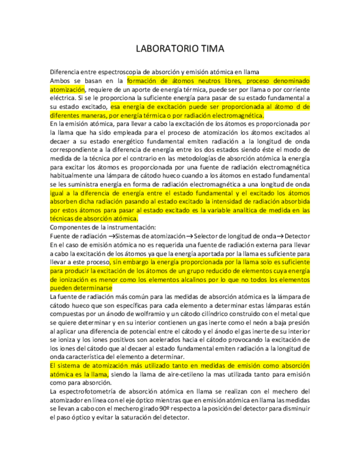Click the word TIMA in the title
tap(211, 49)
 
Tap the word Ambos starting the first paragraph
tap(61, 80)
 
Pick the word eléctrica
tap(62, 98)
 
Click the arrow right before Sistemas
tap(111, 236)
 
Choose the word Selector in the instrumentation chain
tap(207, 236)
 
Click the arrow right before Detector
tap(280, 236)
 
